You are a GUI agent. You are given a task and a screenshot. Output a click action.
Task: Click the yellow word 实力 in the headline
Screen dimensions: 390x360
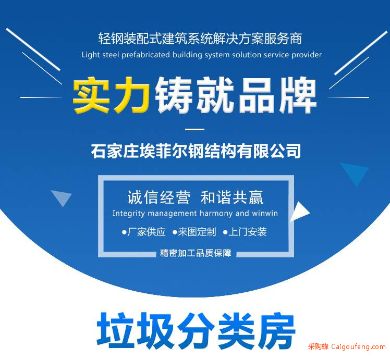(111, 95)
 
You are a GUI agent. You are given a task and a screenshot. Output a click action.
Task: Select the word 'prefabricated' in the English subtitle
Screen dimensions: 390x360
(145, 55)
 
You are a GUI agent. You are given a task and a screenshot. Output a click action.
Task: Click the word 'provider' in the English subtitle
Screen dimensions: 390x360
(307, 55)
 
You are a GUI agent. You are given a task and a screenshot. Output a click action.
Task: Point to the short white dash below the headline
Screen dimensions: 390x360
(195, 129)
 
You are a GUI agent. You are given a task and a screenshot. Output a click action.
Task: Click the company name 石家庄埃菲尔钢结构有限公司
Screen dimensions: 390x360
(196, 151)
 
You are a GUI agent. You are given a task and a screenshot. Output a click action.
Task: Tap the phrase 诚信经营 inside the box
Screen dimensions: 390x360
(159, 197)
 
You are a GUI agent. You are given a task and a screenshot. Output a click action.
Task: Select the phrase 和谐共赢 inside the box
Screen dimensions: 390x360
(232, 197)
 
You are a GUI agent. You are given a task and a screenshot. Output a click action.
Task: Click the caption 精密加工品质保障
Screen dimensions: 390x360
(196, 253)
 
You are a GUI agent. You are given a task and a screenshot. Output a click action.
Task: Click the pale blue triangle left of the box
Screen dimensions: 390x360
(62, 197)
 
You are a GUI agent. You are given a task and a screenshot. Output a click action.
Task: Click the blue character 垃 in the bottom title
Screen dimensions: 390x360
(115, 330)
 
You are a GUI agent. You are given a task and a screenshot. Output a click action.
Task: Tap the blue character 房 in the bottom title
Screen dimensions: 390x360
(276, 330)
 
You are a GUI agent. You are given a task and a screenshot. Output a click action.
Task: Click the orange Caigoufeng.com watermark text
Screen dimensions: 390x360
(358, 346)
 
